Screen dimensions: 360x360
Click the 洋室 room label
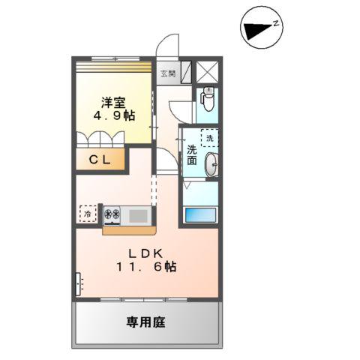pos(113,103)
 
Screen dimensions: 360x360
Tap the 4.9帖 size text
pos(114,115)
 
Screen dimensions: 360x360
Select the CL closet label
pos(100,160)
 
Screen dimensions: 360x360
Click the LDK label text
pos(145,254)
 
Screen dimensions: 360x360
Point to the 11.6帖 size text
pos(146,267)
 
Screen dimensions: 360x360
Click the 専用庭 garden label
pos(145,322)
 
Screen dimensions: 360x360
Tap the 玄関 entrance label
pos(168,73)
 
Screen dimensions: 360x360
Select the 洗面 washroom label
pos(192,154)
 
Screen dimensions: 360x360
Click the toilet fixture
pos(208,99)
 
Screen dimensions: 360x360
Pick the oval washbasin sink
pos(211,164)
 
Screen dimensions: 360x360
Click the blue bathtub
pos(200,214)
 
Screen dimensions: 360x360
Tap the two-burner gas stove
pos(112,214)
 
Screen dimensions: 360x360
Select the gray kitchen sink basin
pos(138,216)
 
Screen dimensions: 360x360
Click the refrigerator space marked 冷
pos(88,214)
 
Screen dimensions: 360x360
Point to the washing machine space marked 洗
pos(210,138)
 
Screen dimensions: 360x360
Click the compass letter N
pos(276,24)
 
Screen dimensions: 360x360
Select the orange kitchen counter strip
pos(129,230)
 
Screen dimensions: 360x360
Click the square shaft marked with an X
pos(207,72)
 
